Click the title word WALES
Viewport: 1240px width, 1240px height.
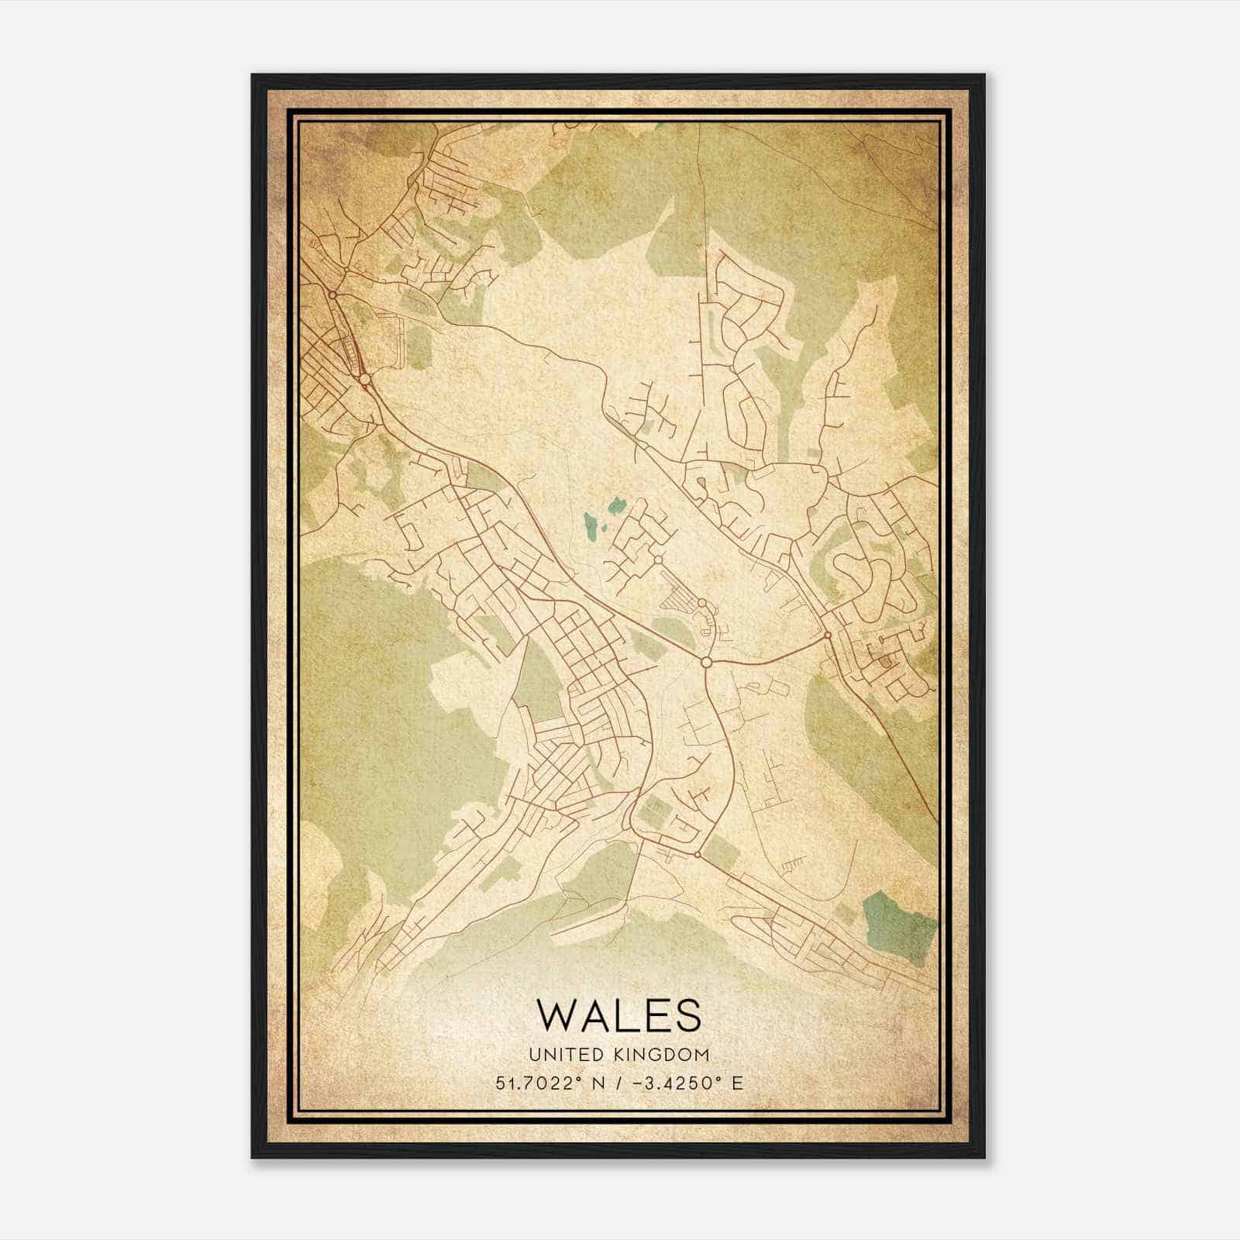coord(618,1016)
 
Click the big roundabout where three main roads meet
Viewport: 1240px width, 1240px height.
coord(705,663)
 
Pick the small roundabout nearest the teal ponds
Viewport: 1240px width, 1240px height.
coord(657,559)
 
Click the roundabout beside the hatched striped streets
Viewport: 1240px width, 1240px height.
coord(701,603)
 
